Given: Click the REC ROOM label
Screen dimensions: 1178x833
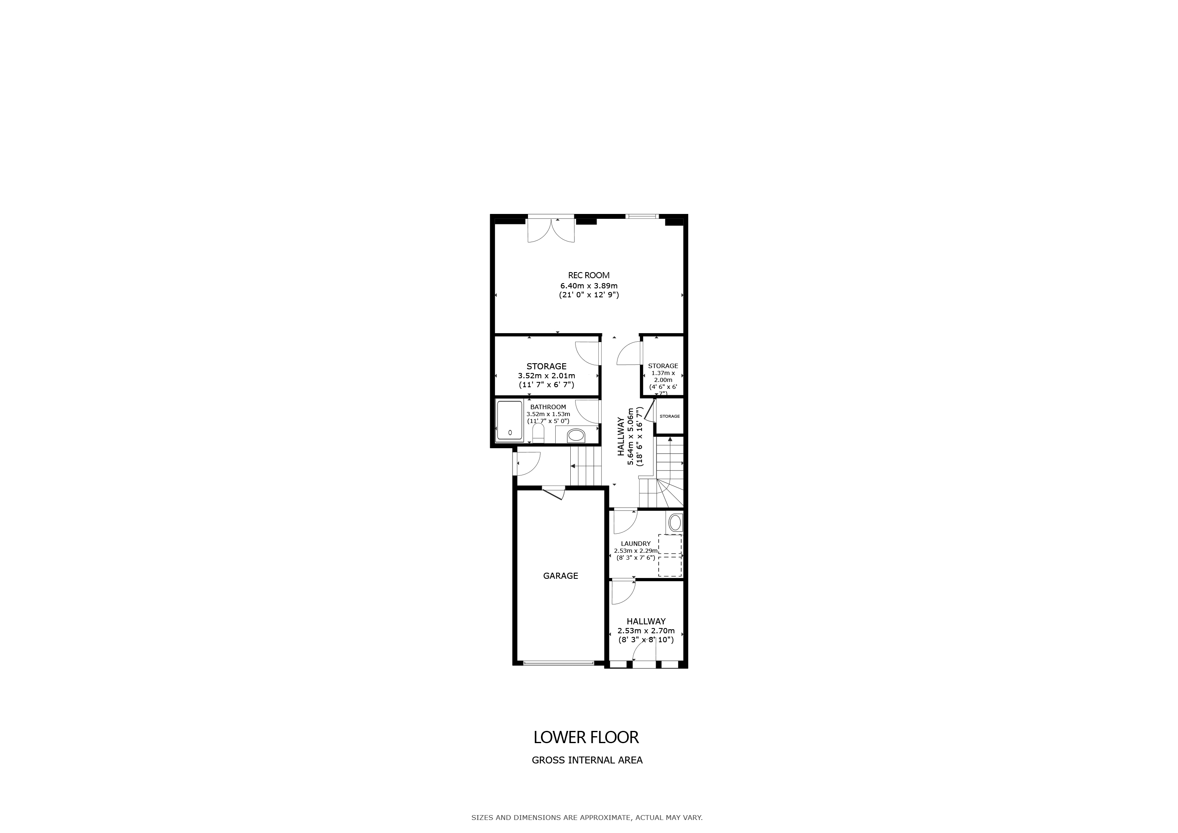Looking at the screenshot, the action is [589, 275].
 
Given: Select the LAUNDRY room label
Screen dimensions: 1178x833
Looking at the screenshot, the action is [636, 544].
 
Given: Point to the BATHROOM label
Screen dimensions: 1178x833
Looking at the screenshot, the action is [548, 407].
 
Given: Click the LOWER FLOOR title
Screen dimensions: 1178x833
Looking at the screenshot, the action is [587, 737].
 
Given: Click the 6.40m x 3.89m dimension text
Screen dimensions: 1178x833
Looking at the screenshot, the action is [589, 286].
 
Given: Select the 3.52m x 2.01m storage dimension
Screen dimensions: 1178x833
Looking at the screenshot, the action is [546, 375].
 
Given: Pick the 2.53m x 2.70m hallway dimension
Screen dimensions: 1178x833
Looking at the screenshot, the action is [646, 631].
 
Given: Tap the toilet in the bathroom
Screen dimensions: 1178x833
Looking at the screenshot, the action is [538, 433].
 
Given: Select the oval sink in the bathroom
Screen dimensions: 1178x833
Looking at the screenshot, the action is [576, 436].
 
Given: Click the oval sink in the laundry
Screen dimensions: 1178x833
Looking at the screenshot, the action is [675, 523].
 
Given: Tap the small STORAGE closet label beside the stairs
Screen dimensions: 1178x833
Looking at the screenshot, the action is [670, 416].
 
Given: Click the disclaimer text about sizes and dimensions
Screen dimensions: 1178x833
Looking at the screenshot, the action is [587, 818].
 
